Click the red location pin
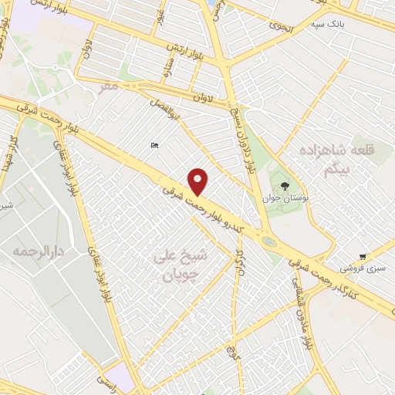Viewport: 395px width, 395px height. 198,181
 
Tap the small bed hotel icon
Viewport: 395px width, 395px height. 154,146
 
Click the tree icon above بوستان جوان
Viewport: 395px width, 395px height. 285,186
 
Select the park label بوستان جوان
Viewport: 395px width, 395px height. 286,197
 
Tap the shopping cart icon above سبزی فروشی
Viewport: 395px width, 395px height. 363,257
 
